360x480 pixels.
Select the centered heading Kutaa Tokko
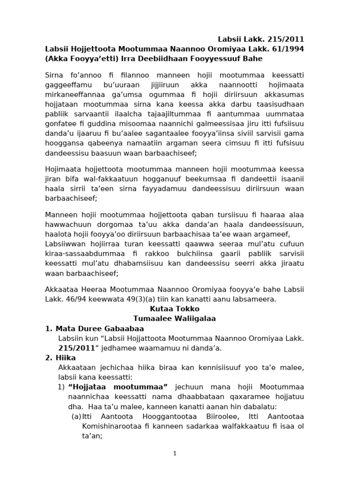pos(174,308)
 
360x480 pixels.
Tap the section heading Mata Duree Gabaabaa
pos(99,328)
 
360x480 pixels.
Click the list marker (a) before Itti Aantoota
pos(75,416)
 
